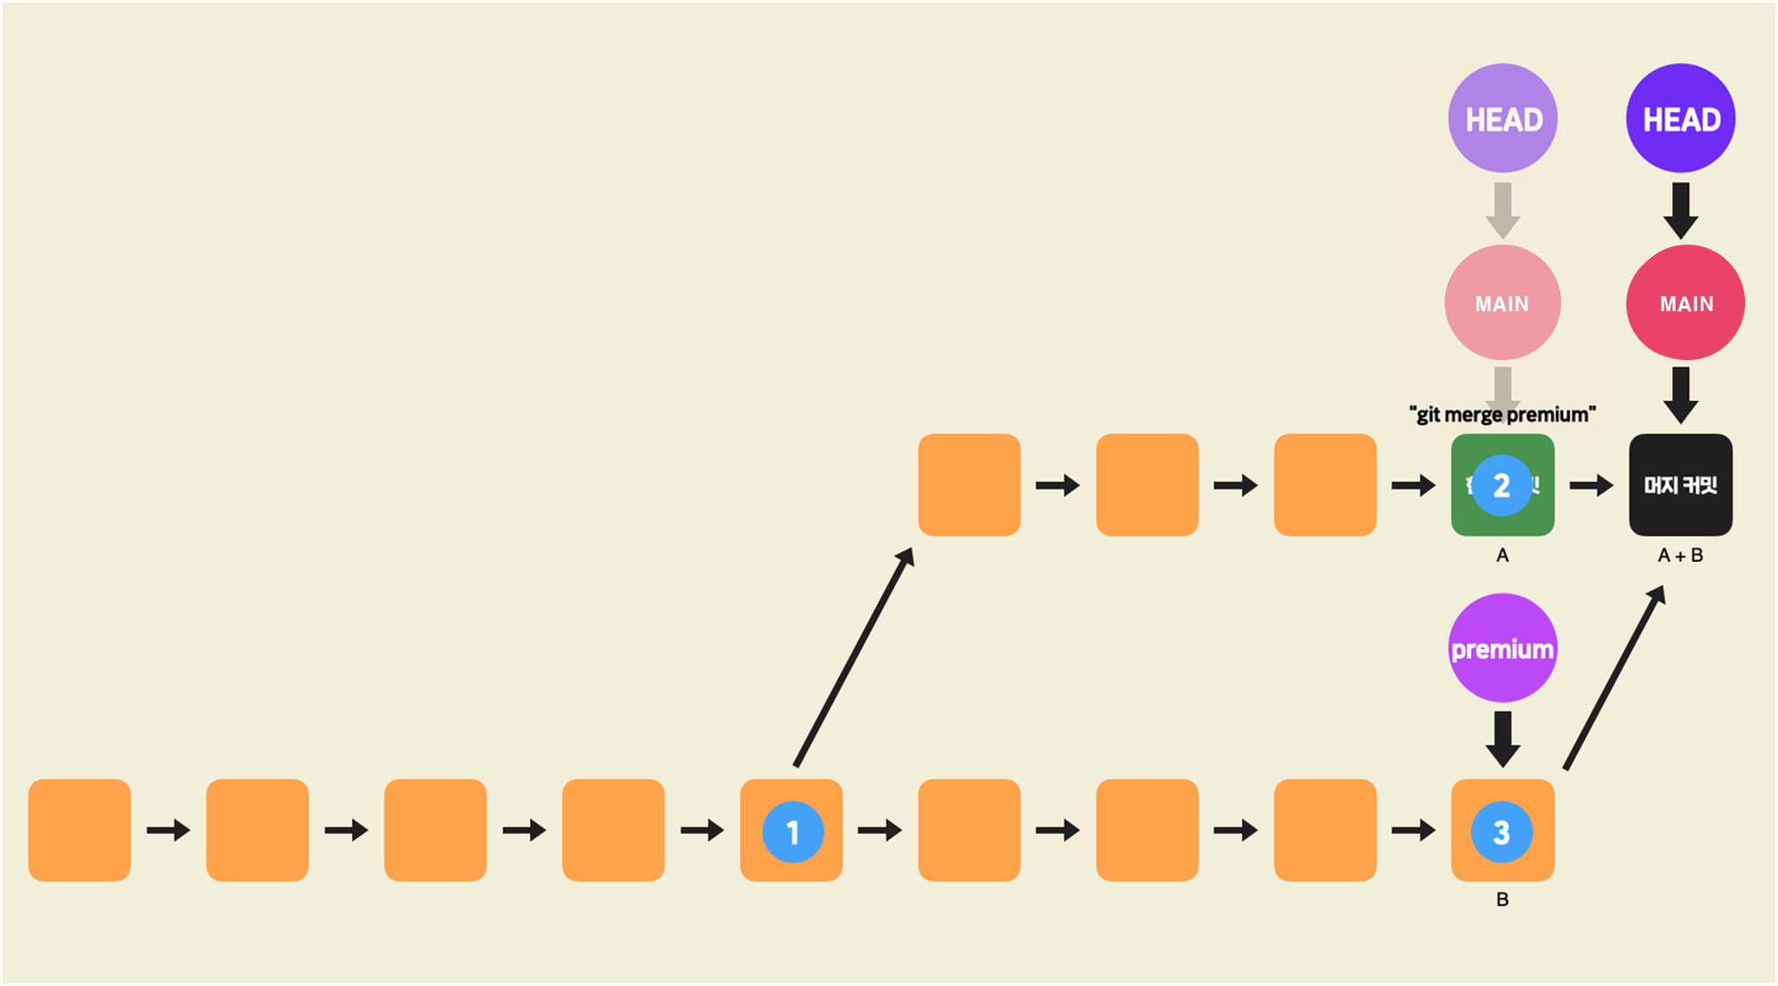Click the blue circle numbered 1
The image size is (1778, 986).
(x=792, y=832)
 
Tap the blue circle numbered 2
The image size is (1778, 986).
(x=1502, y=485)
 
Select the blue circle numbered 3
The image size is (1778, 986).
(x=1502, y=832)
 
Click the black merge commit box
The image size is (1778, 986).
(x=1680, y=485)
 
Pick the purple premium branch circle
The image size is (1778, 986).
(x=1502, y=648)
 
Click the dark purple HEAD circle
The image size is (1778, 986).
(x=1680, y=118)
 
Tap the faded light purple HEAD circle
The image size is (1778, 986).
(x=1502, y=118)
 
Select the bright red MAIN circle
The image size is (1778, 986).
(x=1685, y=303)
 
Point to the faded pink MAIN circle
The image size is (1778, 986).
(x=1502, y=303)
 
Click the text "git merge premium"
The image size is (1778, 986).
(x=1502, y=414)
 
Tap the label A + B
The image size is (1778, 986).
(x=1680, y=556)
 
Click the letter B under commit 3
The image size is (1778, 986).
(x=1502, y=900)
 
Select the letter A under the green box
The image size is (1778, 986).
(x=1502, y=556)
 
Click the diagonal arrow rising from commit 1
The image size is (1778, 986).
(x=853, y=658)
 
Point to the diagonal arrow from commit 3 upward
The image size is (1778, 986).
(x=1614, y=677)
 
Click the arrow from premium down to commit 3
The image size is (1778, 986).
(x=1502, y=738)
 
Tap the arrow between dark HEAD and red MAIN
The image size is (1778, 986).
(x=1680, y=210)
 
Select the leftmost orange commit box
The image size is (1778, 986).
(x=79, y=830)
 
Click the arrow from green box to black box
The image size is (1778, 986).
(x=1591, y=485)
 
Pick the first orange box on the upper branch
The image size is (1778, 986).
(x=969, y=485)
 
